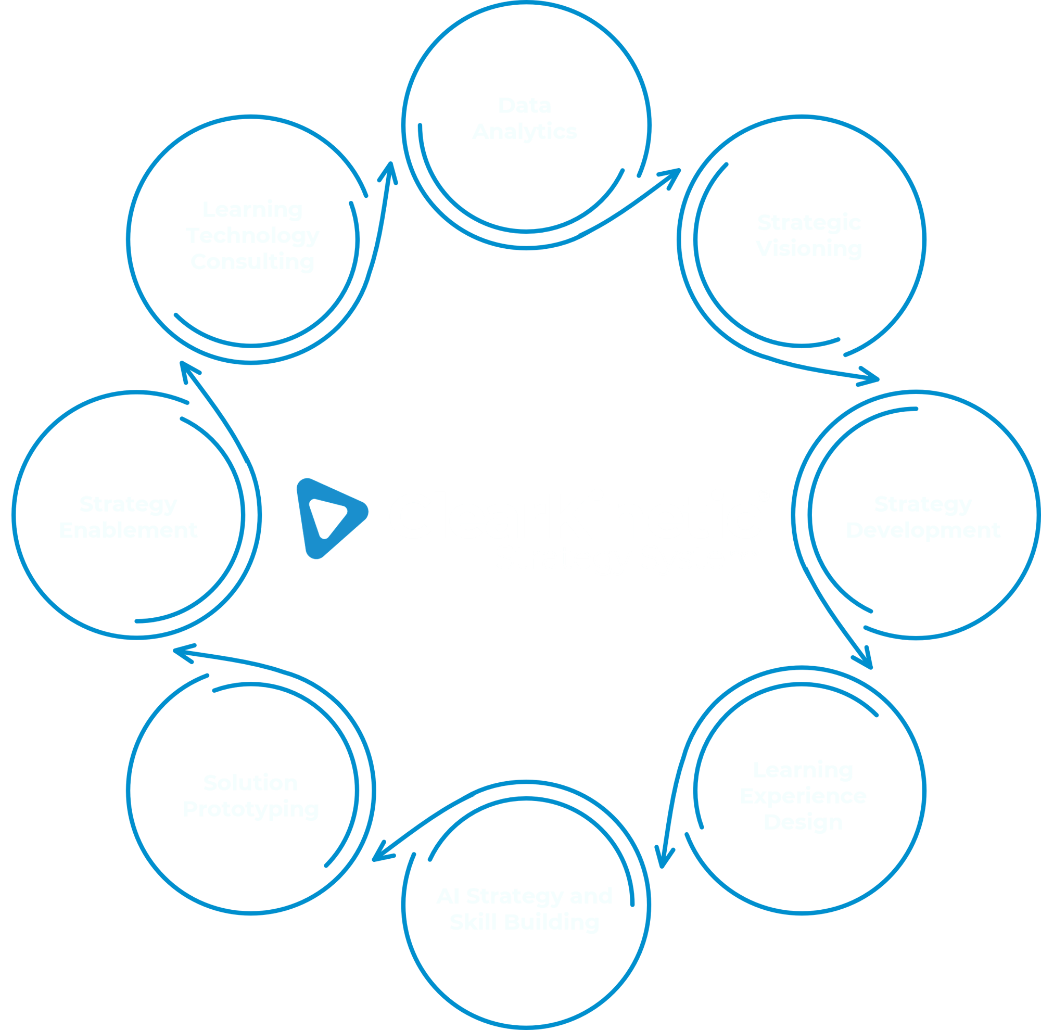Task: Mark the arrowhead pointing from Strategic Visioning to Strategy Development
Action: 871,377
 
